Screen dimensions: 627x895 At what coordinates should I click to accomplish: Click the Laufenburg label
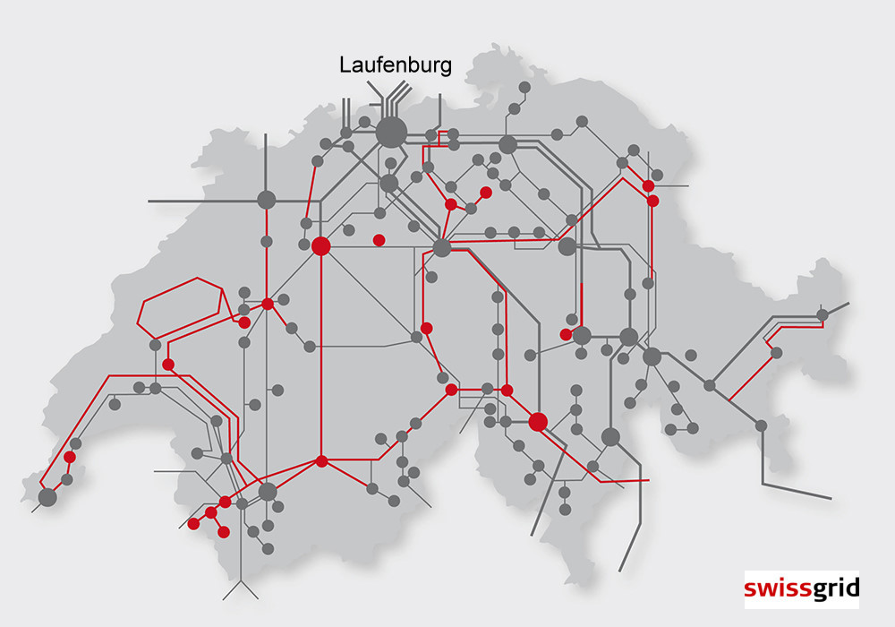point(395,64)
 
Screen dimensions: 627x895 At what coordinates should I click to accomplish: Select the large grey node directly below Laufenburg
point(390,133)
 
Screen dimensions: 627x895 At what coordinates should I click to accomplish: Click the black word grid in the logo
point(834,588)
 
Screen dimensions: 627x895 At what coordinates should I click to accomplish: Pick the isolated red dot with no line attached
point(379,239)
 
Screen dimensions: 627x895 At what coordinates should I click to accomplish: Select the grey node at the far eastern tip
point(823,314)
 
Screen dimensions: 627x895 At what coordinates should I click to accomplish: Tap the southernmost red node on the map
point(224,532)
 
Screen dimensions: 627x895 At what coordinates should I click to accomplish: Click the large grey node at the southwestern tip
point(47,496)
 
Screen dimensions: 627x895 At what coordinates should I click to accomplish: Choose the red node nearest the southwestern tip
point(69,458)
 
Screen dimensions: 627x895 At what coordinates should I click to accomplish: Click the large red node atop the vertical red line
point(321,246)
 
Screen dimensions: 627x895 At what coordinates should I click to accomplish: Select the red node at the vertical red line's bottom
point(321,461)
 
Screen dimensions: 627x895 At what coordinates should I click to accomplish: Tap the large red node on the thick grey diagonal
point(538,421)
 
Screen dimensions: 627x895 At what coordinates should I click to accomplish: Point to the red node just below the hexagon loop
point(167,365)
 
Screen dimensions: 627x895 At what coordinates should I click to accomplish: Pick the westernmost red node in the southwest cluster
point(193,523)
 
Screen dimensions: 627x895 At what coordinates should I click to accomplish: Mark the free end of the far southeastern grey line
point(831,497)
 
